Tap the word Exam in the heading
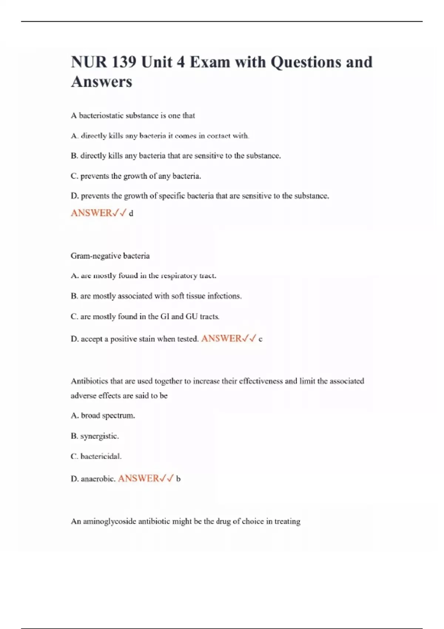209,62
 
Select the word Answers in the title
101,82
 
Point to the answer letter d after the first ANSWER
131,213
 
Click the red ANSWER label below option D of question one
91,213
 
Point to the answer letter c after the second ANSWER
260,339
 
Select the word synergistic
100,436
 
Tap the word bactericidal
101,457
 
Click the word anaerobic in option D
98,479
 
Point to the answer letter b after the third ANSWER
178,479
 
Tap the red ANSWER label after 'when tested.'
221,339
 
